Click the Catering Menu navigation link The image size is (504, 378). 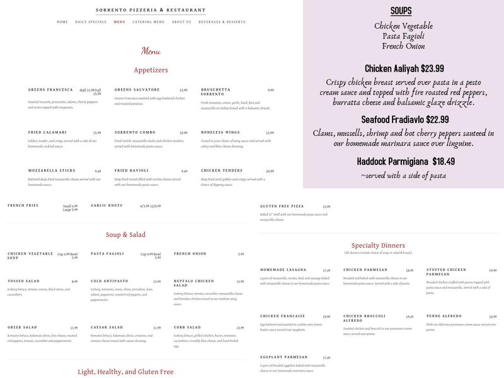tap(149, 22)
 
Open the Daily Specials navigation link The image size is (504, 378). tap(91, 22)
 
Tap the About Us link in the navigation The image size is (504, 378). tap(181, 22)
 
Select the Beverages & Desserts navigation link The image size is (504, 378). tap(222, 22)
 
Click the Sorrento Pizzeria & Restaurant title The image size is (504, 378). tap(151, 10)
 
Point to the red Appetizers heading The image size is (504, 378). tap(151, 70)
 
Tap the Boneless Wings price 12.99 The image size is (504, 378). tap(270, 133)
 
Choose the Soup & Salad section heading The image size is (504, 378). tap(125, 235)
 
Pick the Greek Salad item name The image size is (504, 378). tap(24, 328)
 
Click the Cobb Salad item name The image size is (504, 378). tap(187, 328)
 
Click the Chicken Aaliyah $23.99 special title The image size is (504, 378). tap(403, 69)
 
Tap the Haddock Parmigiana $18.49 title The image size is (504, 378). tap(403, 161)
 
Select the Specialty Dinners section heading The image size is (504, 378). tap(378, 245)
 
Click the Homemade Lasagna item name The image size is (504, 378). tap(283, 270)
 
